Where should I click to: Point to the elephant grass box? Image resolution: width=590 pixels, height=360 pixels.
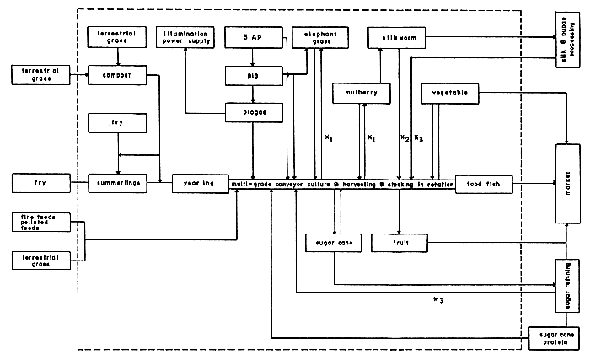click(x=314, y=37)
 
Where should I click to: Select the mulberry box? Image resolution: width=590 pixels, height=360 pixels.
click(x=362, y=92)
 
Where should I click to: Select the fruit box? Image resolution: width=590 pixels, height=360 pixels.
click(x=401, y=244)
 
